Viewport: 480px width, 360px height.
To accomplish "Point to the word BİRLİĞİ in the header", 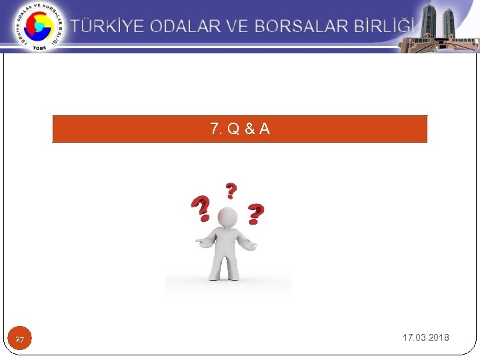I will [x=386, y=27].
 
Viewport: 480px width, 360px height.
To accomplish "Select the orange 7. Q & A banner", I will [x=240, y=129].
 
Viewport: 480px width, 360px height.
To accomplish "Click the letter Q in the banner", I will [x=233, y=129].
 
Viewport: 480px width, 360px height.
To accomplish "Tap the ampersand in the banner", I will [x=249, y=129].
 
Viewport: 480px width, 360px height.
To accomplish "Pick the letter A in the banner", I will [x=265, y=129].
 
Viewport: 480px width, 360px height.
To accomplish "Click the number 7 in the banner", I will [x=214, y=129].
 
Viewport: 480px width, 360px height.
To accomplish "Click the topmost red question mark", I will [x=231, y=191].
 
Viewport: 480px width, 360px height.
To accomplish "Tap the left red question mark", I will [x=200, y=209].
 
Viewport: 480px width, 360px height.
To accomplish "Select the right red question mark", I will [x=255, y=213].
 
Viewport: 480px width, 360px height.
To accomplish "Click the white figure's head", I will [x=227, y=217].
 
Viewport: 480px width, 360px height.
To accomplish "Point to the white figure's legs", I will [x=227, y=265].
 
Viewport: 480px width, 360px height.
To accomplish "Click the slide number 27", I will [x=20, y=340].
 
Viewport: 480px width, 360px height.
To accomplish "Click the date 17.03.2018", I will [x=425, y=337].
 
